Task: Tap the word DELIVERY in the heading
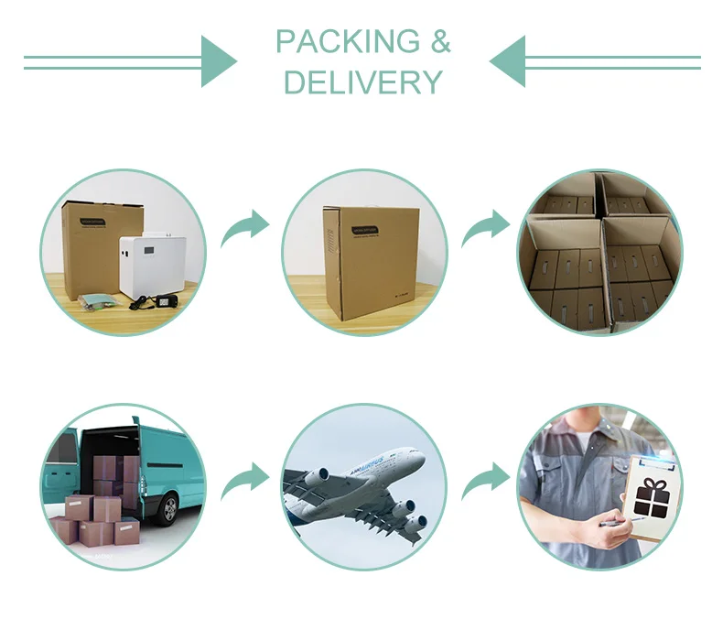tap(363, 82)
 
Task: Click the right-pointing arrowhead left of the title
tap(218, 61)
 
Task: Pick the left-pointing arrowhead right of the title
tap(508, 61)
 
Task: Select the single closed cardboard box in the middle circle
tap(370, 260)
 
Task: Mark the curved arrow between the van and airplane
tap(244, 481)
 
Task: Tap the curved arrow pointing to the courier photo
tap(484, 481)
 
